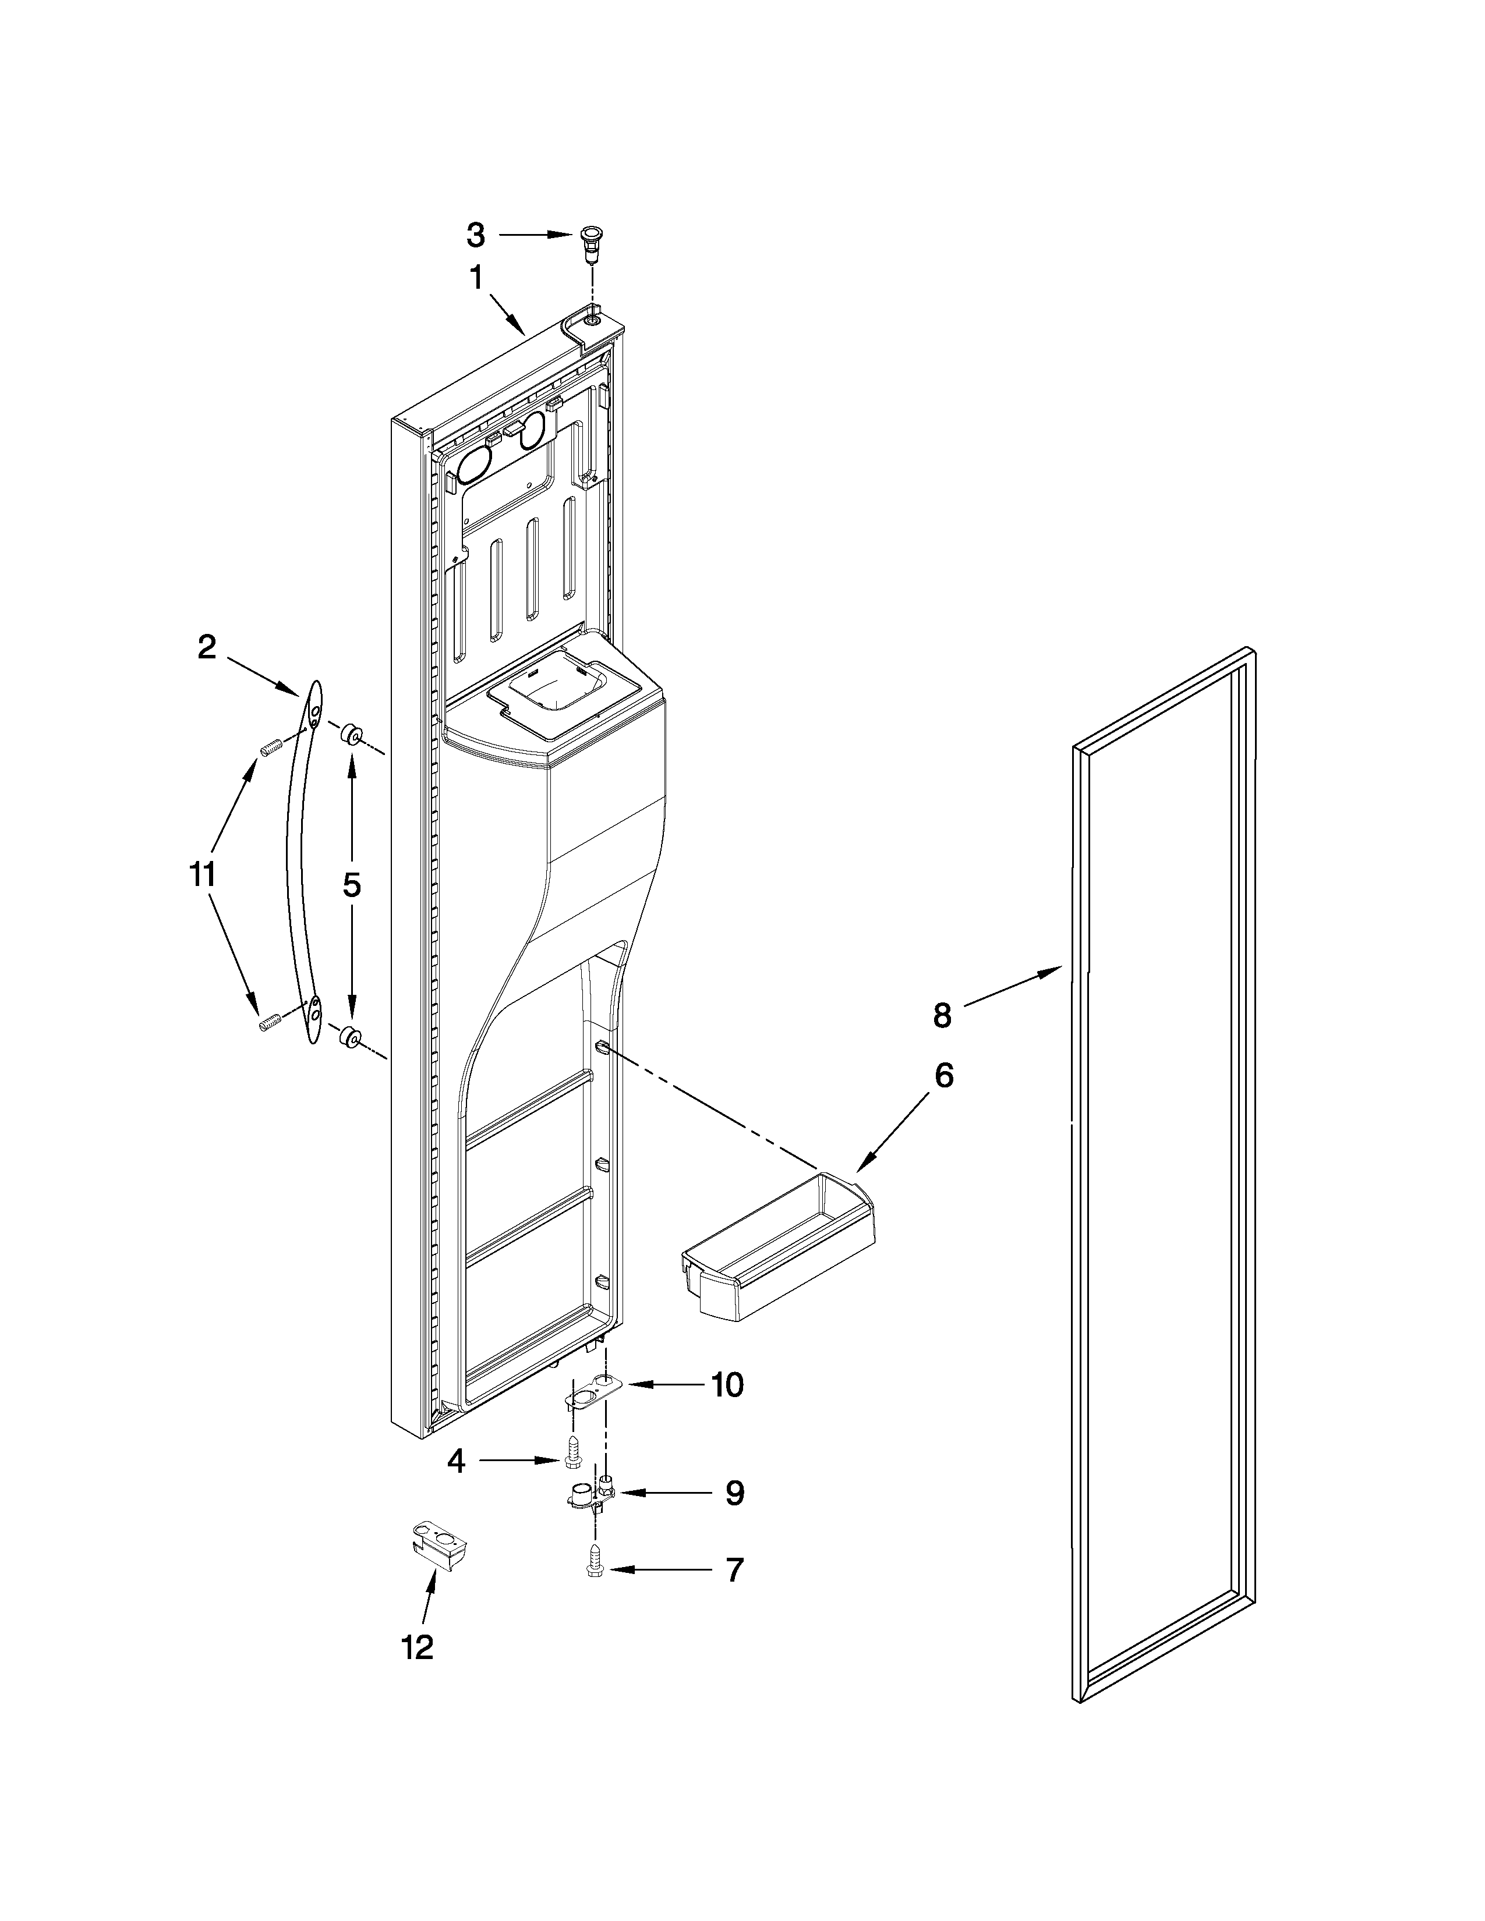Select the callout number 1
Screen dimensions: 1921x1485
tap(476, 279)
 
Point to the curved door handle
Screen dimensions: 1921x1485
tap(299, 862)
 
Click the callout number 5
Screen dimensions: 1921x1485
tap(351, 885)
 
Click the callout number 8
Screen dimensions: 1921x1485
tap(942, 1016)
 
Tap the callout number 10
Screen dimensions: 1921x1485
tap(727, 1385)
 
